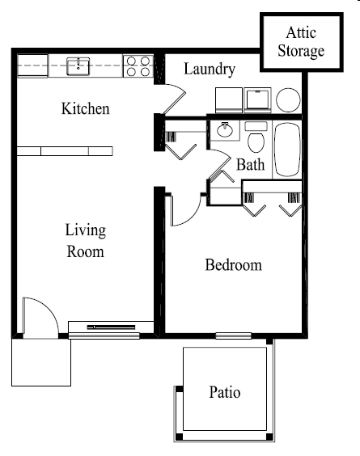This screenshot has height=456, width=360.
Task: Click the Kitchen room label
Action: point(85,108)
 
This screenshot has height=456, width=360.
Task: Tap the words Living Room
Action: point(85,241)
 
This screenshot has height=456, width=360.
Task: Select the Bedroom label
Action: point(233,265)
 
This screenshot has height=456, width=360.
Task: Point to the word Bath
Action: point(250,165)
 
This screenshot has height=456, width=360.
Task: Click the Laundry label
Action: point(209,70)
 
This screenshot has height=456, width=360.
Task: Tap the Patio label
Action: point(225,393)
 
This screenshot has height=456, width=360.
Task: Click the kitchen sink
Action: point(78,65)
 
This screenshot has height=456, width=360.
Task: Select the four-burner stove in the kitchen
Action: point(138,65)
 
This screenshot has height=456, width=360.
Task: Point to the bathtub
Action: point(288,149)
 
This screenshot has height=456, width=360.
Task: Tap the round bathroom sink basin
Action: point(223,129)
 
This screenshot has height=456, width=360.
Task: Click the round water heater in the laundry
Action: point(288,99)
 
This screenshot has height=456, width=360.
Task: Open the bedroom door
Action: point(184,212)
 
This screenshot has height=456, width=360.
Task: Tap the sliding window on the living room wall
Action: point(104,327)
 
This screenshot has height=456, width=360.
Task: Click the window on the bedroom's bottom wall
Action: point(233,336)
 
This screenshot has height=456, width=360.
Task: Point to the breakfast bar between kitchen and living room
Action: point(65,150)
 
